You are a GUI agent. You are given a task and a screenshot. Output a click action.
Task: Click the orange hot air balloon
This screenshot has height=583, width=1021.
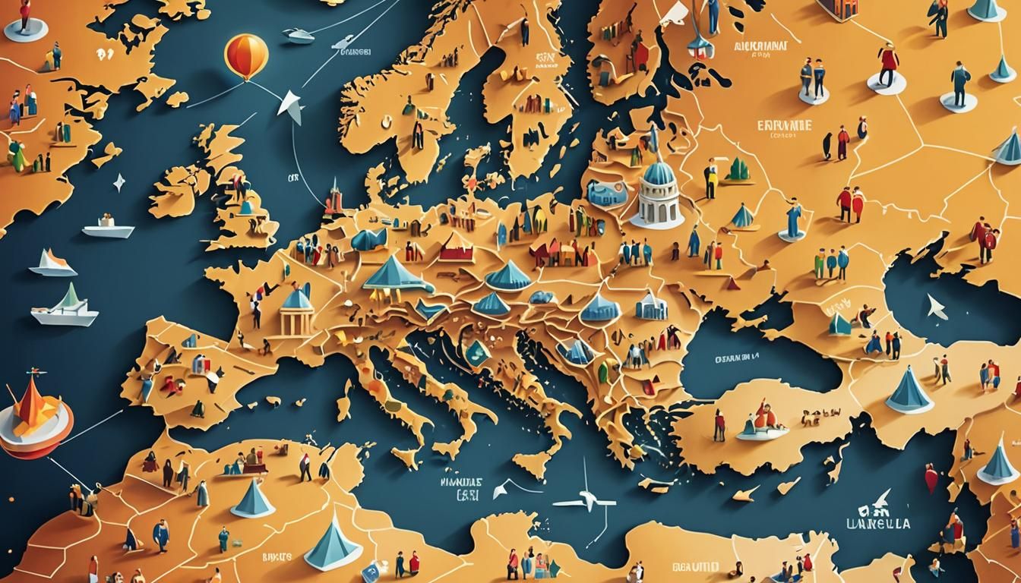pyautogui.click(x=246, y=55)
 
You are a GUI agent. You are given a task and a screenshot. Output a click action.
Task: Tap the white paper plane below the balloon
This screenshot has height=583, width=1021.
pyautogui.click(x=291, y=106)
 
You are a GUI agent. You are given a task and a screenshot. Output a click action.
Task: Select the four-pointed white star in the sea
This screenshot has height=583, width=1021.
pyautogui.click(x=119, y=182)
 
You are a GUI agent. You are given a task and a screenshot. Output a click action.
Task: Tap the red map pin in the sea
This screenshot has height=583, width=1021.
pyautogui.click(x=931, y=477)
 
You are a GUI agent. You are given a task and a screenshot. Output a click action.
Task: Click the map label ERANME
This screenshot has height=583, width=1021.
pyautogui.click(x=785, y=125)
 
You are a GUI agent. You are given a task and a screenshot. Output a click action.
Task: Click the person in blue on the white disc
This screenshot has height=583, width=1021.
pyautogui.click(x=959, y=84)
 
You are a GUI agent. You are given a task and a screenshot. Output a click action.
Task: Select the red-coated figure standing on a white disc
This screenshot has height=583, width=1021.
pyautogui.click(x=887, y=65)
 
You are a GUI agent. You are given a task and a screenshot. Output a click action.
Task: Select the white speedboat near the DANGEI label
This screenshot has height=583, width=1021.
pyautogui.click(x=298, y=34)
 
